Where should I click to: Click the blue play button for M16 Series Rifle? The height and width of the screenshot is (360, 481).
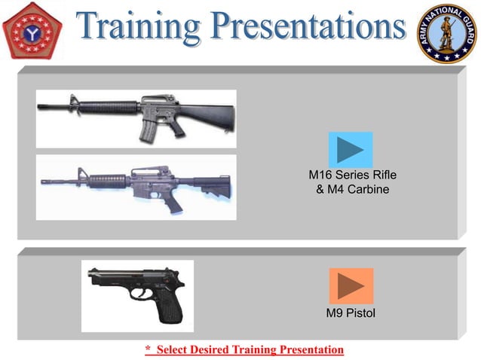[x=350, y=149]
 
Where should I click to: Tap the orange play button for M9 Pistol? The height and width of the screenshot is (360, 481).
[x=351, y=285]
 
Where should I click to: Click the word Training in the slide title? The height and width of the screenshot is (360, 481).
[x=142, y=29]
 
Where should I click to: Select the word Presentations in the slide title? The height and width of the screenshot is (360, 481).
[x=308, y=29]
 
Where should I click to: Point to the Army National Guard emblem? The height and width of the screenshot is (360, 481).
[x=447, y=32]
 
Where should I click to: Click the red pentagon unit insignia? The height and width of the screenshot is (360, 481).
[x=32, y=32]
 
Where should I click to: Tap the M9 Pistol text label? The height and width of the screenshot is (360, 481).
[x=351, y=313]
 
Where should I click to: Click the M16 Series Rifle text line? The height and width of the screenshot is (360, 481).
[x=352, y=175]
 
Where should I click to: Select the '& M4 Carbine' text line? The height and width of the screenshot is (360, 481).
[x=352, y=189]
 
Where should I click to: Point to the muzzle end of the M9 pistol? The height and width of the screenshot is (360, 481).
[x=90, y=278]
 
